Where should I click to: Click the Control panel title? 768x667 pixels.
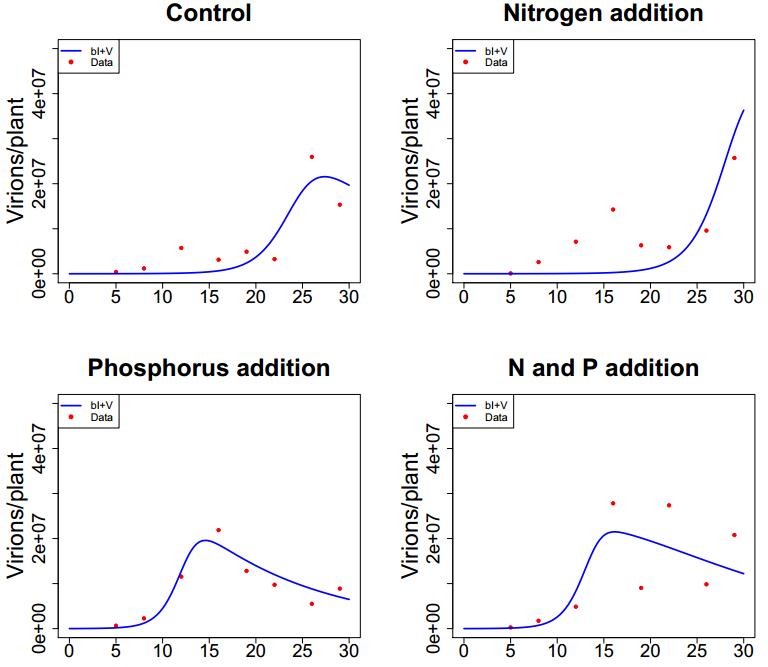tap(209, 14)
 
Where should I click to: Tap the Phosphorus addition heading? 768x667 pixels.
tap(209, 368)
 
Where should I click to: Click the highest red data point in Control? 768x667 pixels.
tap(312, 157)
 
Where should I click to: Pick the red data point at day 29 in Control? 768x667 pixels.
tap(340, 205)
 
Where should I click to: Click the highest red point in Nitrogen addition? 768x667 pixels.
tap(734, 158)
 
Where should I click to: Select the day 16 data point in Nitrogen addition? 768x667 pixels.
tap(613, 210)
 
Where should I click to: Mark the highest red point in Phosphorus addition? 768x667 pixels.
tap(218, 530)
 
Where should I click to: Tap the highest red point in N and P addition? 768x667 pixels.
tap(613, 503)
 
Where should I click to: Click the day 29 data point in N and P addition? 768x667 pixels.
tap(734, 535)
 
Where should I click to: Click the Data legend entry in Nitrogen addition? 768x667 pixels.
tap(491, 62)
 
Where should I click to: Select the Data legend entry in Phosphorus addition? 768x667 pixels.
tap(97, 417)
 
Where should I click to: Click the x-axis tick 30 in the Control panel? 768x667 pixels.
tap(349, 296)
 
